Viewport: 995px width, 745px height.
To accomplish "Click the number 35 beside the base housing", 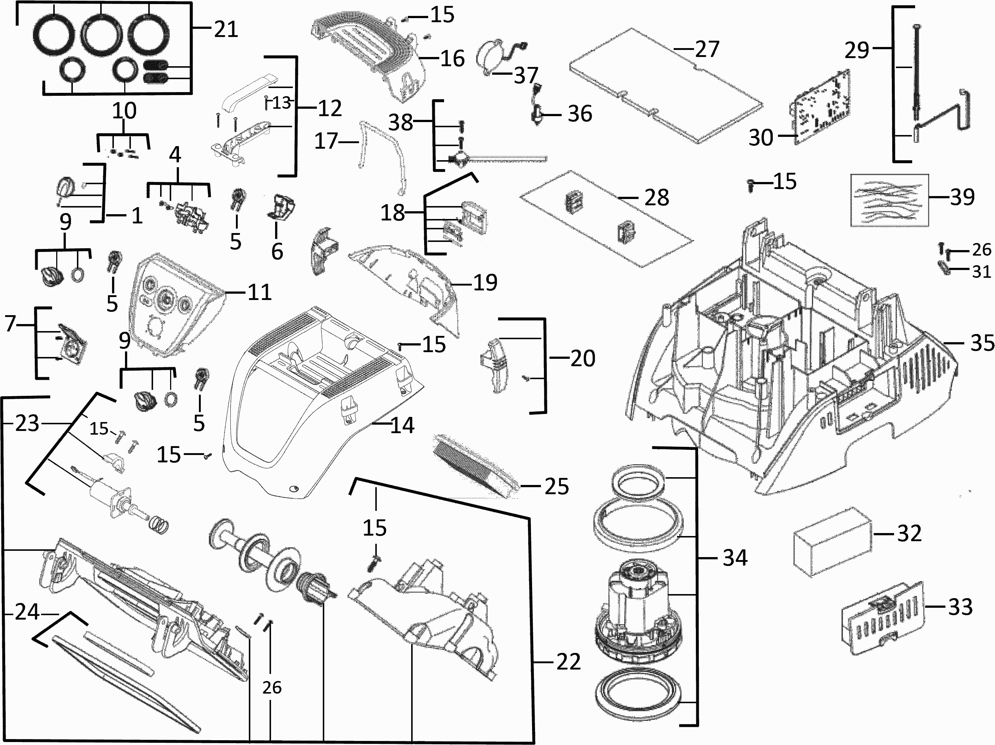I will click(x=982, y=343).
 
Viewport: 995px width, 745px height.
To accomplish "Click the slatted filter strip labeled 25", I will click(x=474, y=466).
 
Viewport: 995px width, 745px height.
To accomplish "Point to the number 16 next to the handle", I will click(x=452, y=58).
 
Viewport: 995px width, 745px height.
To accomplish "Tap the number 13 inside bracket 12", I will click(x=282, y=103).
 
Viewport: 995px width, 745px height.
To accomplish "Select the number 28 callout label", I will click(x=656, y=198).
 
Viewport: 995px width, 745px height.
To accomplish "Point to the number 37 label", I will click(x=526, y=75).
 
